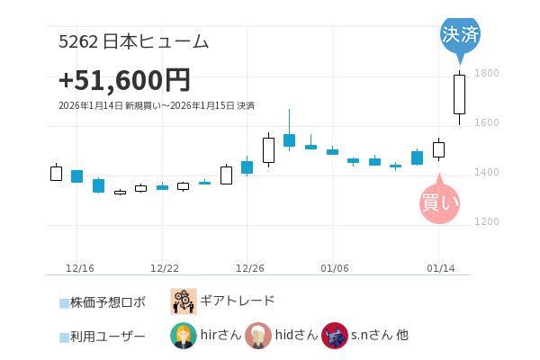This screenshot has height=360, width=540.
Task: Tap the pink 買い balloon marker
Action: click(x=439, y=202)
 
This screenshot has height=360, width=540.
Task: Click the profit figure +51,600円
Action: click(x=124, y=80)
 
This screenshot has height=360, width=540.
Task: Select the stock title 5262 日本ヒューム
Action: click(x=133, y=41)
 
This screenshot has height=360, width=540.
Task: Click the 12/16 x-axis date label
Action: click(x=80, y=268)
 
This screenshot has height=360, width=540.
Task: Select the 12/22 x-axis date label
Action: click(x=165, y=268)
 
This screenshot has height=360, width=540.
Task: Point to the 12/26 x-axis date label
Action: click(x=249, y=268)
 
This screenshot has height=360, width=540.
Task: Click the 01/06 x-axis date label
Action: click(x=334, y=268)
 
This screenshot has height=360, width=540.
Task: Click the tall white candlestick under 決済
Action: click(x=459, y=94)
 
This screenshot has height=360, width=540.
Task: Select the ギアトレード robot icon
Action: click(x=184, y=301)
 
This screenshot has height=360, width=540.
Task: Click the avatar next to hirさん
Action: click(x=183, y=336)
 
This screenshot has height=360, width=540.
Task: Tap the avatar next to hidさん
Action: click(x=258, y=336)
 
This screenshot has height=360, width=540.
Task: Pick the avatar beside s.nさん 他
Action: click(x=334, y=336)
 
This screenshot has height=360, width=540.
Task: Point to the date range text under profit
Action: click(x=156, y=106)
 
